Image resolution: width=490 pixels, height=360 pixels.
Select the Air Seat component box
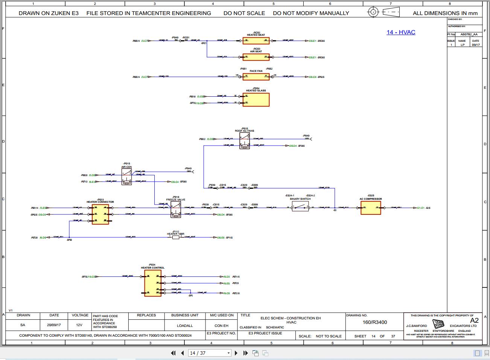pos(256,57)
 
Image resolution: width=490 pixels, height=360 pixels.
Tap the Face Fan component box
pos(256,77)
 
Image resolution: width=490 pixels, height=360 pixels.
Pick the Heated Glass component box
pos(256,100)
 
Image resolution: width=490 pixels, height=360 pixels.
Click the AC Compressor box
pos(371,208)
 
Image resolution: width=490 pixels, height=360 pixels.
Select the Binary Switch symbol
pos(300,207)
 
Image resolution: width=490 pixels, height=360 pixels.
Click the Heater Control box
pos(153,283)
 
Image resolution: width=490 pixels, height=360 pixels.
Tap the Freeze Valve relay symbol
pos(176,209)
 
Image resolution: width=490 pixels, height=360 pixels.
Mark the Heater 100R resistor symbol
pos(175,237)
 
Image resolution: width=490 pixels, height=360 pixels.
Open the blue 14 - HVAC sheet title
pos(401,32)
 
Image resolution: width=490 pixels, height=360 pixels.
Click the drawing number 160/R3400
pos(374,322)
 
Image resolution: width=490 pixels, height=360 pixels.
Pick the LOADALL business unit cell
pos(185,325)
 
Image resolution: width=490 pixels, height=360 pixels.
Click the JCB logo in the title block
pos(438,324)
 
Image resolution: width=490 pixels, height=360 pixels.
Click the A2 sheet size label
pos(474,321)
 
